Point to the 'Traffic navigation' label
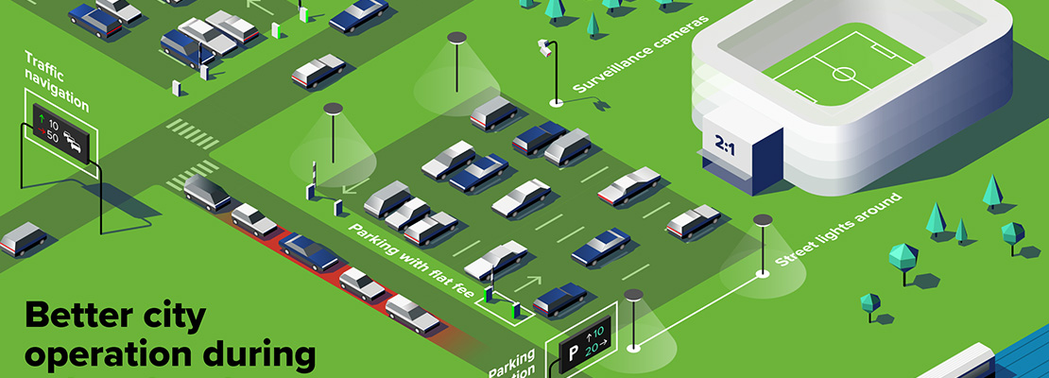pos(57,81)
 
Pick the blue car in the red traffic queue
pos(310,251)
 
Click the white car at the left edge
pos(23,238)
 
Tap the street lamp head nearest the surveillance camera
pos(457,38)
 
